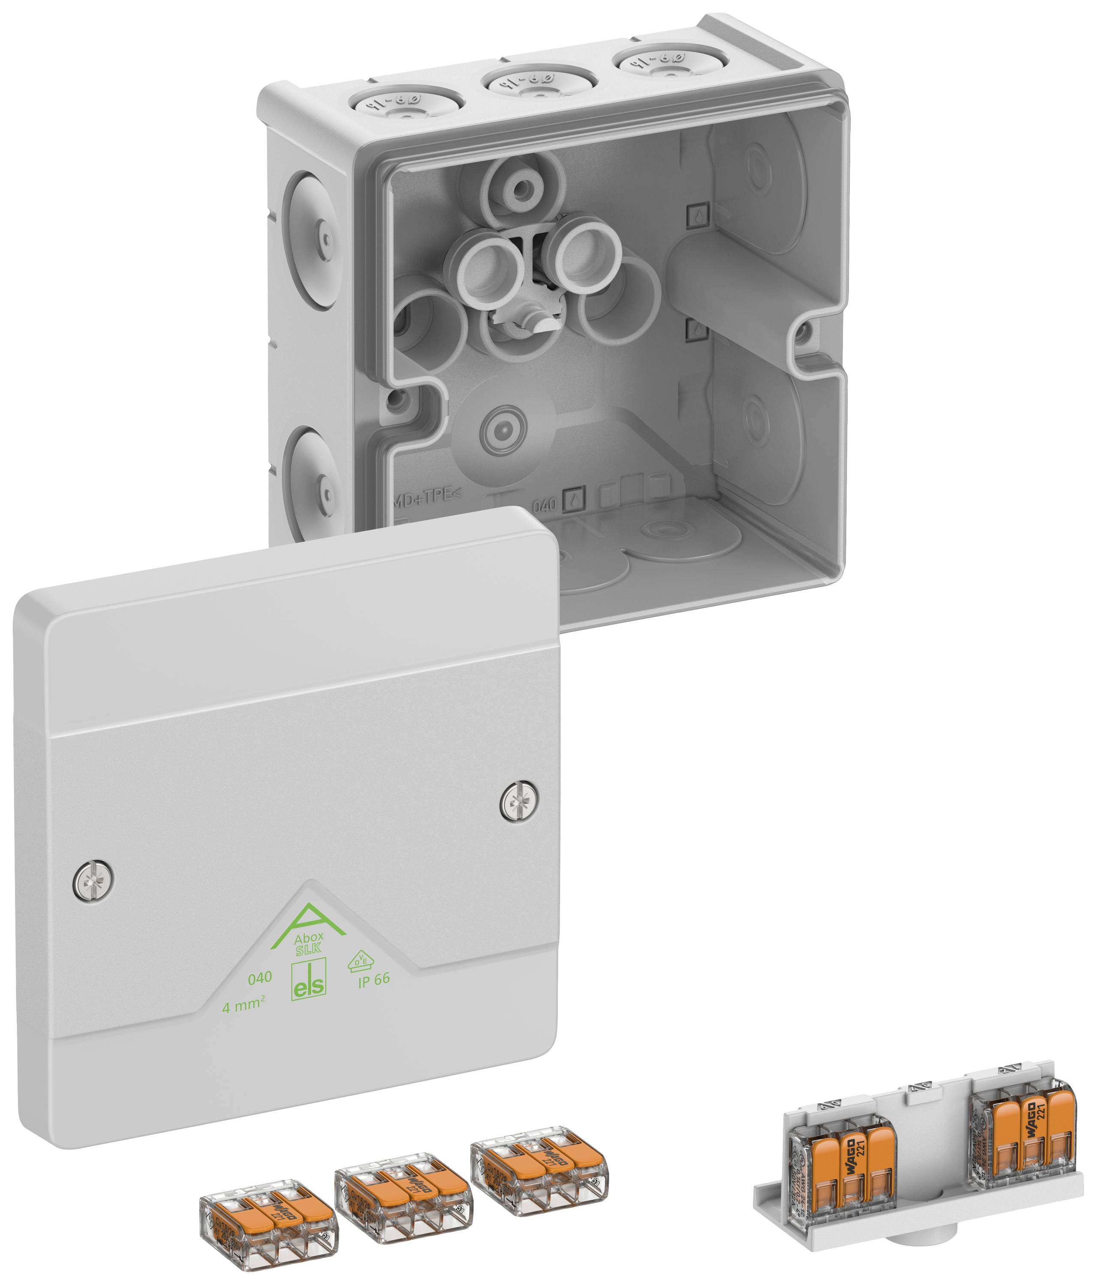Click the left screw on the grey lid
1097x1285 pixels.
93,879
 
